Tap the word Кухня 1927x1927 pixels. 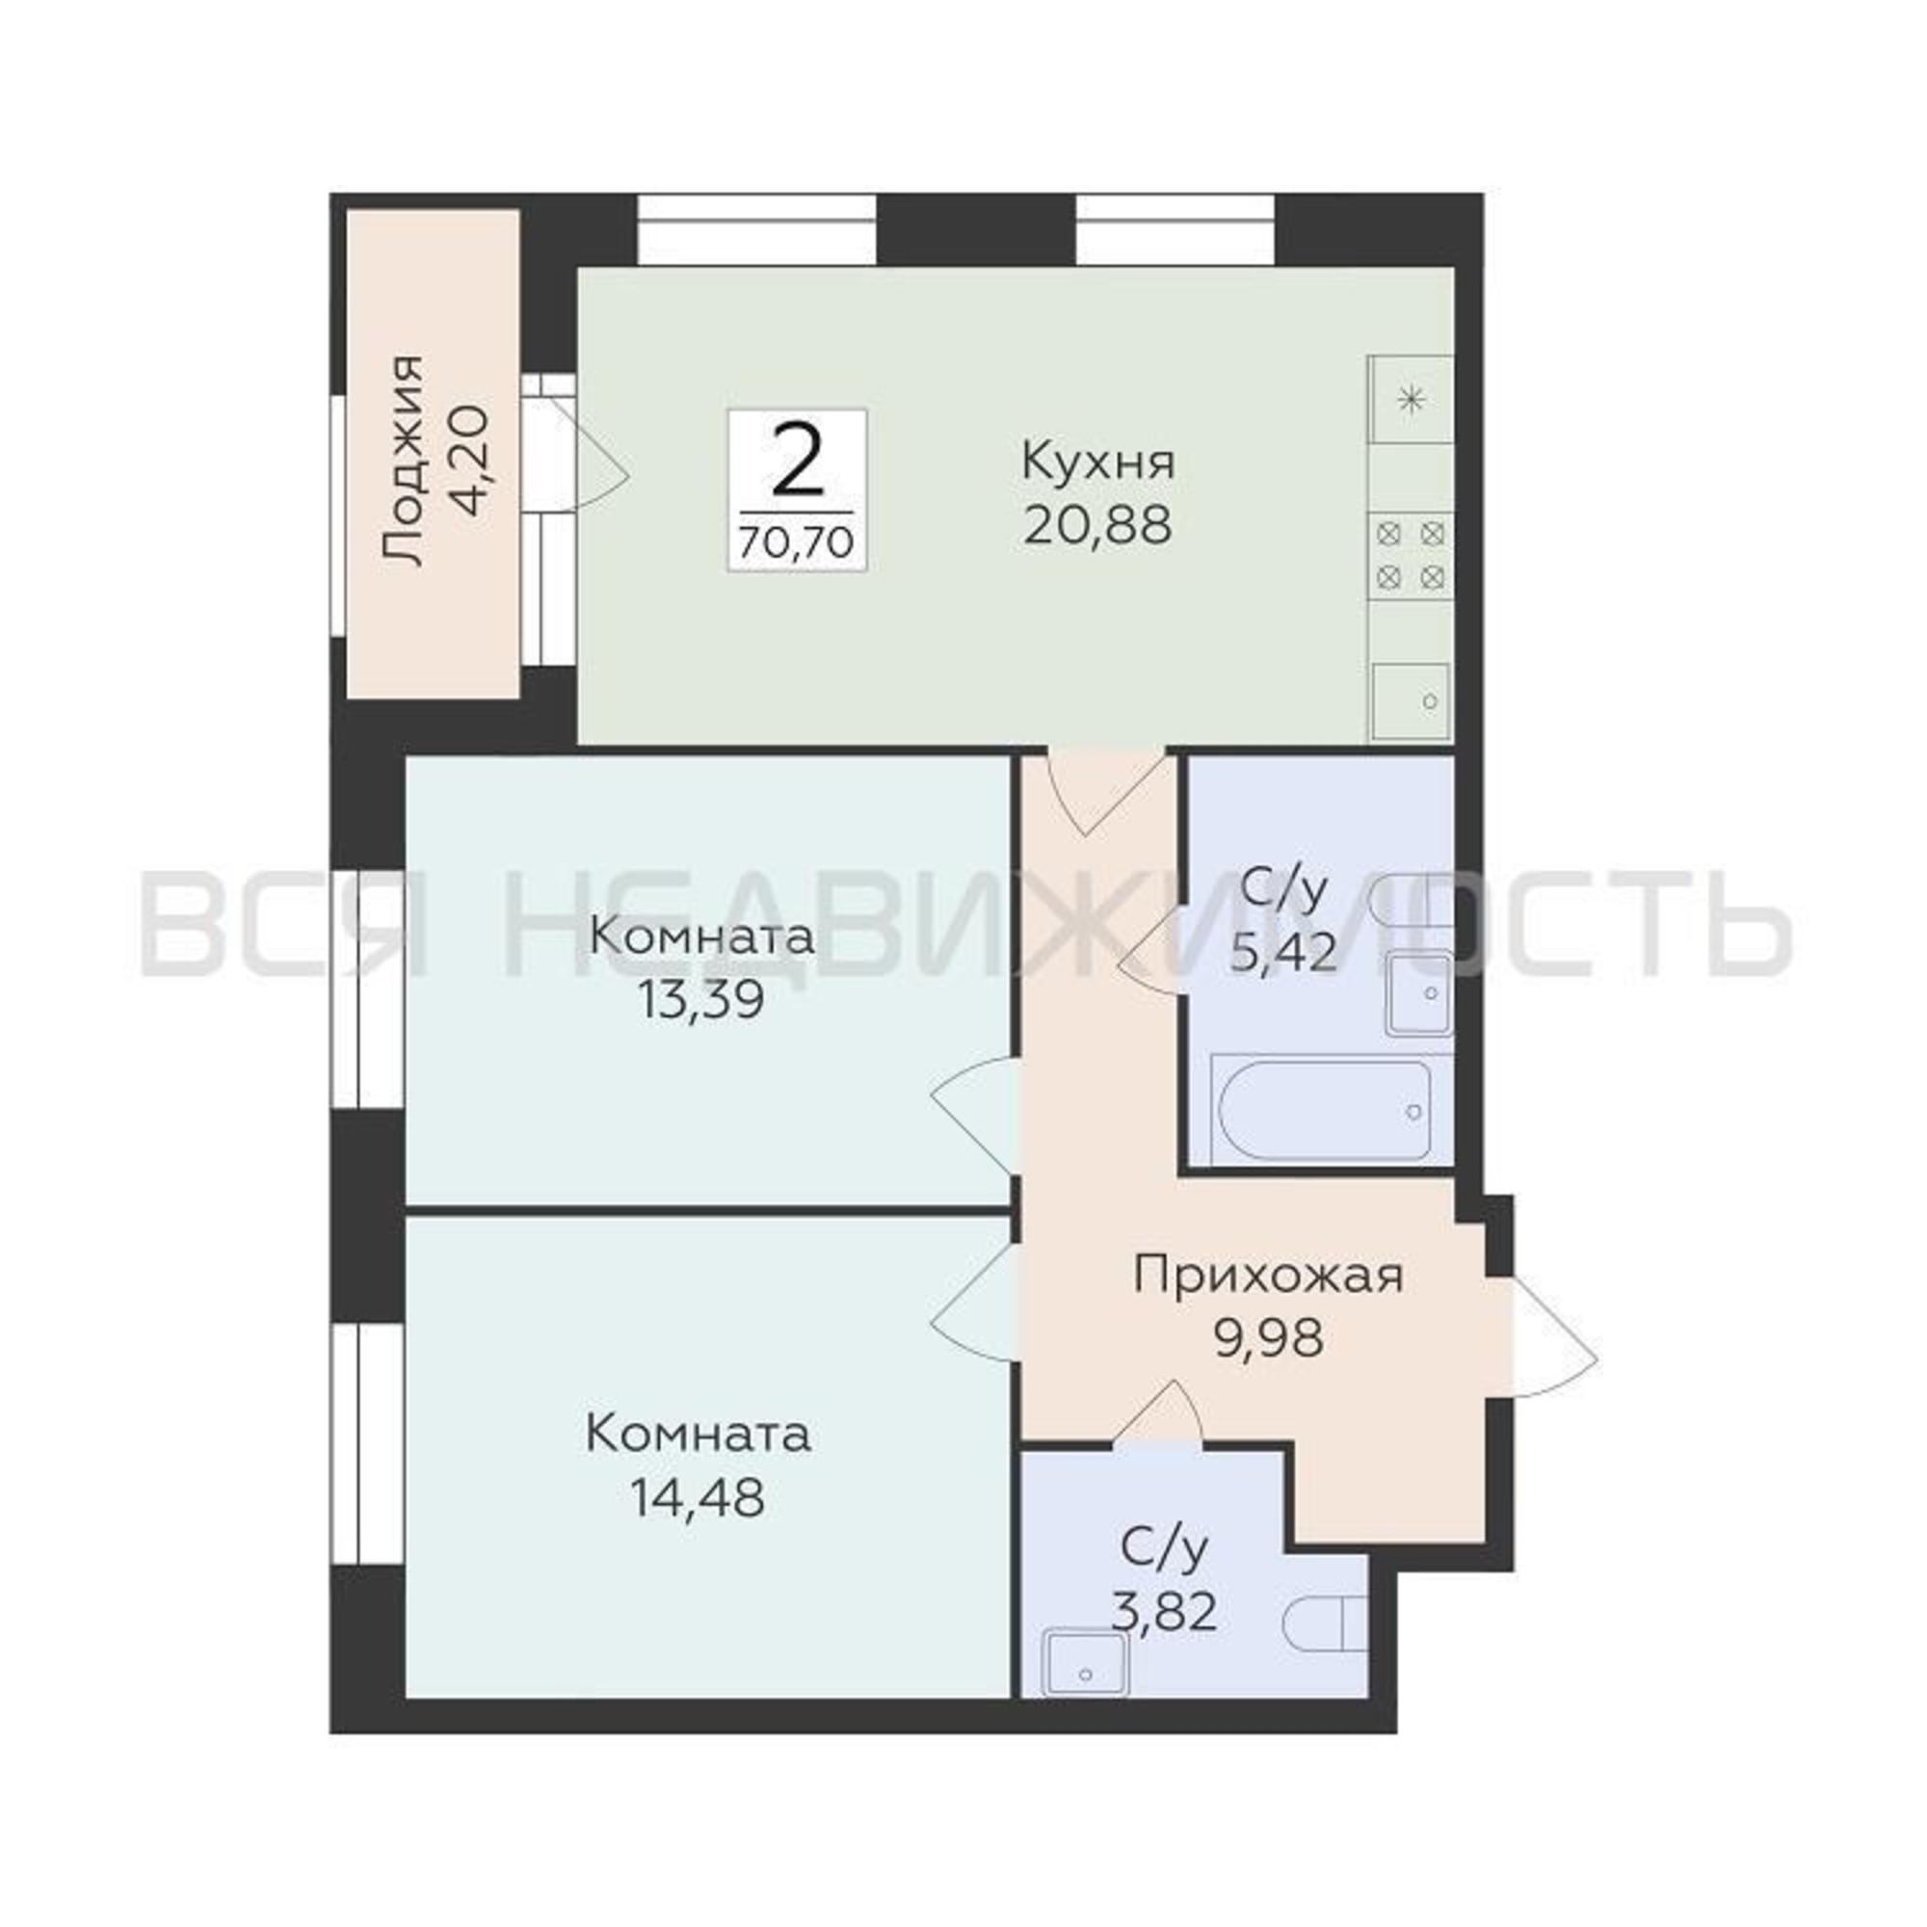(1099, 463)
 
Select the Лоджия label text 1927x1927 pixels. (403, 461)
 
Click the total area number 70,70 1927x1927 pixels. (796, 542)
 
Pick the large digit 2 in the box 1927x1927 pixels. (798, 462)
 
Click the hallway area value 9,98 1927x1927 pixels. (1269, 1338)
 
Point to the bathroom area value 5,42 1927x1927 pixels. (1282, 953)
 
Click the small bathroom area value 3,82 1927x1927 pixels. (1165, 1611)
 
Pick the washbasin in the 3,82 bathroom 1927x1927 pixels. (1085, 1662)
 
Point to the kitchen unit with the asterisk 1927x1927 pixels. (1411, 401)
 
